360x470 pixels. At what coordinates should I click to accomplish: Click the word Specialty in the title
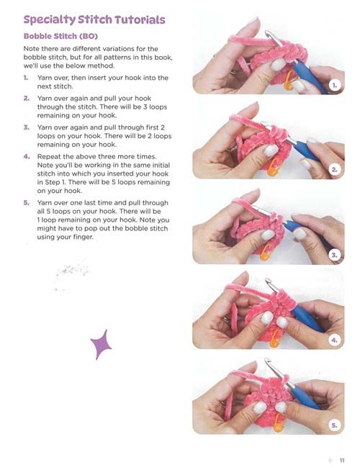50,19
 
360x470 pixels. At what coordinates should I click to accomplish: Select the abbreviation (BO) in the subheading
89,36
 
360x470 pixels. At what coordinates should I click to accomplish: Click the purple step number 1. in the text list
26,78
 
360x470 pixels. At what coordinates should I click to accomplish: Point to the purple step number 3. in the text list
27,127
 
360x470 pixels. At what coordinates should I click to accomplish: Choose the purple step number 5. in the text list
27,203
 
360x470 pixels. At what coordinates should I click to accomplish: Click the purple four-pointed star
101,345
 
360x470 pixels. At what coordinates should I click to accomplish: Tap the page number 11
342,460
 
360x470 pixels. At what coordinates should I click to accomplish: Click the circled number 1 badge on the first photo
335,86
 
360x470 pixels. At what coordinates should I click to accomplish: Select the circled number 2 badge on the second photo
334,170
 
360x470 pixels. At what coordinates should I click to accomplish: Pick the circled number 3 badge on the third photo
334,255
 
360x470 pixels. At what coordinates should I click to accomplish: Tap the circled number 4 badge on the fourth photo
334,340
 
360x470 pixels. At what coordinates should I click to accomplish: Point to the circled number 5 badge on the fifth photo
334,425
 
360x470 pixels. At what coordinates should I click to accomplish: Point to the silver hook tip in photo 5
267,361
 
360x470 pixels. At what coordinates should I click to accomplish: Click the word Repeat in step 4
48,157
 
